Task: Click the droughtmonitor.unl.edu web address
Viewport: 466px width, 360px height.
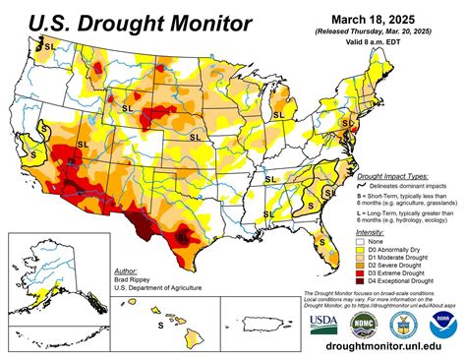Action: point(387,348)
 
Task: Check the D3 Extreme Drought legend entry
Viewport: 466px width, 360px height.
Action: point(402,272)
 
